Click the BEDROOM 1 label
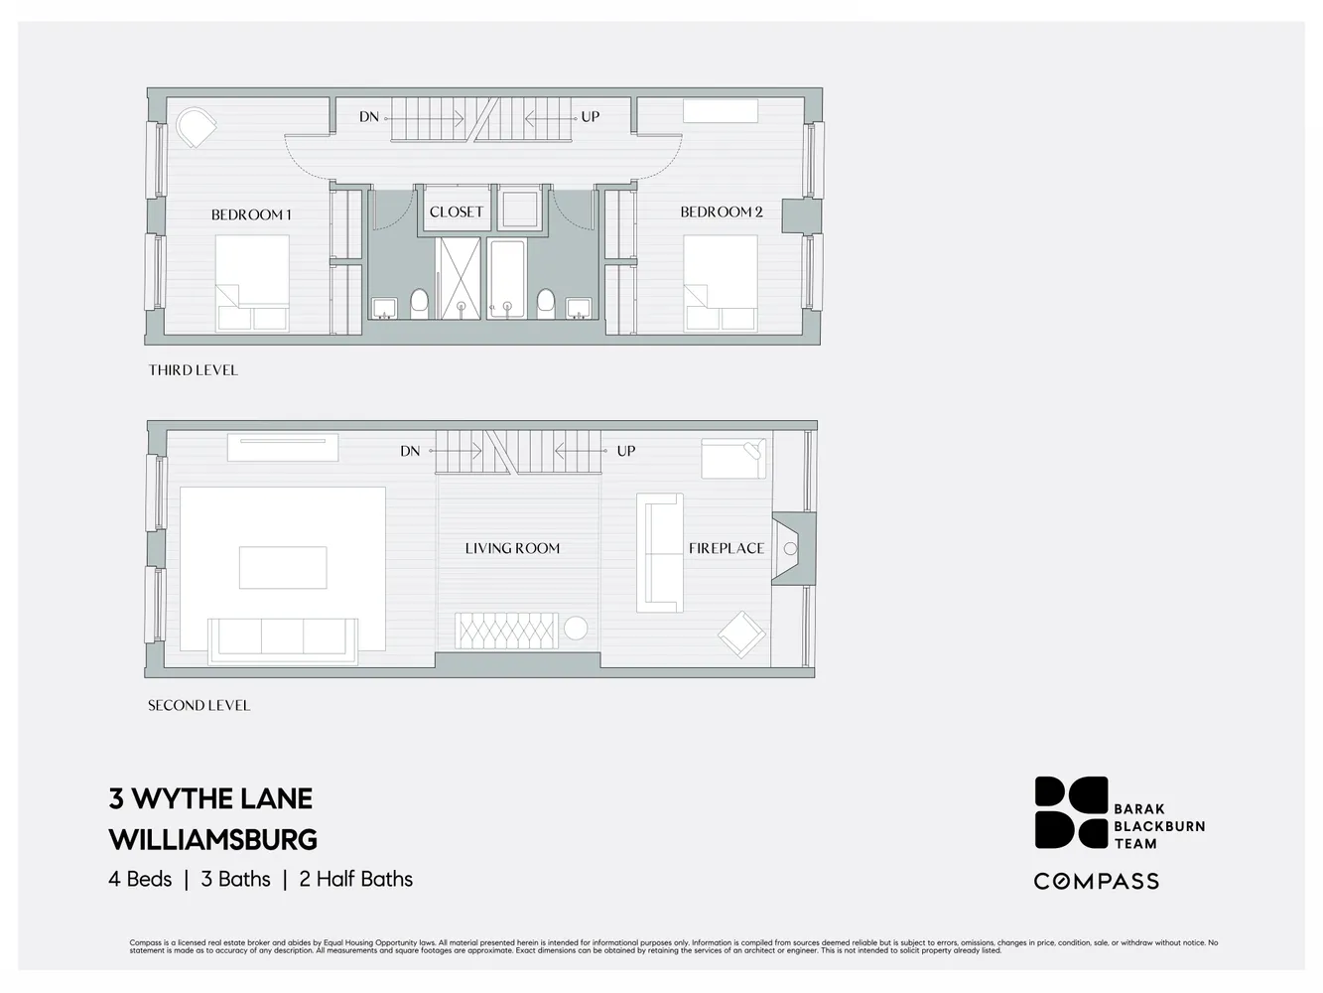coord(251,214)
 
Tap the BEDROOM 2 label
coord(722,212)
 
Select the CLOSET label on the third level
coord(457,212)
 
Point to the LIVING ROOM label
coord(512,548)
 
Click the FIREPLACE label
coord(727,548)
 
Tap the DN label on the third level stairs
coord(369,117)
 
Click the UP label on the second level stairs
coord(625,451)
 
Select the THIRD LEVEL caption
coord(194,370)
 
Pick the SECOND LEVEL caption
coord(198,706)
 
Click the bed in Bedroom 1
coord(252,282)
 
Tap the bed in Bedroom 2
coord(721,282)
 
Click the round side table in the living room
coord(575,629)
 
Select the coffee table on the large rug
coord(283,568)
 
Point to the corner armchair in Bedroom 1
coord(196,127)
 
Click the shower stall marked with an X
coord(460,278)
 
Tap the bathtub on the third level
coord(506,278)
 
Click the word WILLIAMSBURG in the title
coord(212,840)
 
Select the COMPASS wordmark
coord(1097,881)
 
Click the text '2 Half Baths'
coord(355,879)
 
